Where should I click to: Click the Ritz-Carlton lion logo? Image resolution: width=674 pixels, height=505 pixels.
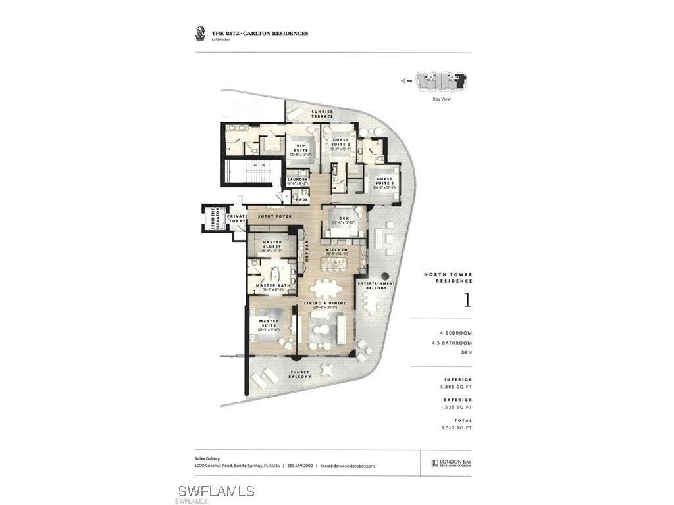(x=200, y=33)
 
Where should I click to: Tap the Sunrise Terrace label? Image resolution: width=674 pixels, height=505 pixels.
(x=323, y=114)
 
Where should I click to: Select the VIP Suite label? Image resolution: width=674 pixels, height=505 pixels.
(x=302, y=149)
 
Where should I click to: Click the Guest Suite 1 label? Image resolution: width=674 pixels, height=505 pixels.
(x=384, y=181)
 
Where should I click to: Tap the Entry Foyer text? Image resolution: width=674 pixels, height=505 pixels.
(x=274, y=216)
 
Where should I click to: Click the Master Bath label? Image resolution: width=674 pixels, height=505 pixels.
(x=272, y=286)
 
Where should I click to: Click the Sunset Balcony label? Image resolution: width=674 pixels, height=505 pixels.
(x=300, y=374)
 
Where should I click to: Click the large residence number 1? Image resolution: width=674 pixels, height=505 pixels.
(x=467, y=301)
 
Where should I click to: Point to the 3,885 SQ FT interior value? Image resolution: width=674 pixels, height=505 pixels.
(x=456, y=387)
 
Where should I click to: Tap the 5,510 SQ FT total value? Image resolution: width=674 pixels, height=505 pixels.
(x=456, y=428)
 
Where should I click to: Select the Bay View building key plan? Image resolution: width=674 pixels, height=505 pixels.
(x=441, y=83)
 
